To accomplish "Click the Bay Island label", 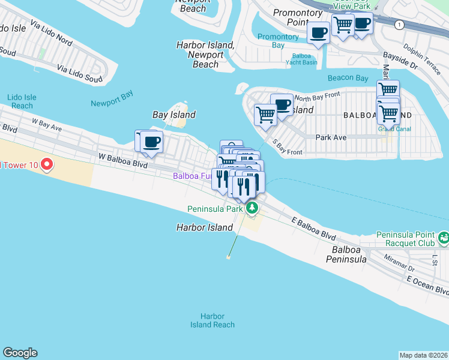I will point(174,115).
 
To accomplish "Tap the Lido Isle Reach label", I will point(22,101).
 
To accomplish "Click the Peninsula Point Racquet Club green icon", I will point(443,238).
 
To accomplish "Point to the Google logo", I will point(20,353).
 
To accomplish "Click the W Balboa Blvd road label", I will point(122,157).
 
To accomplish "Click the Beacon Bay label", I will point(348,79).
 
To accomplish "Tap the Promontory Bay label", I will point(278,41).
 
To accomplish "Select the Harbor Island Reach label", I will point(212,320).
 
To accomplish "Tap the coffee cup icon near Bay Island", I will point(152,142).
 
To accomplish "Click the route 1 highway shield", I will point(399,25).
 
